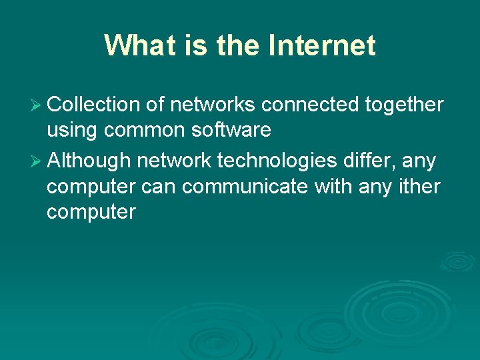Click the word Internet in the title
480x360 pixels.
(x=322, y=46)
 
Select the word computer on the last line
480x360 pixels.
(x=91, y=213)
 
